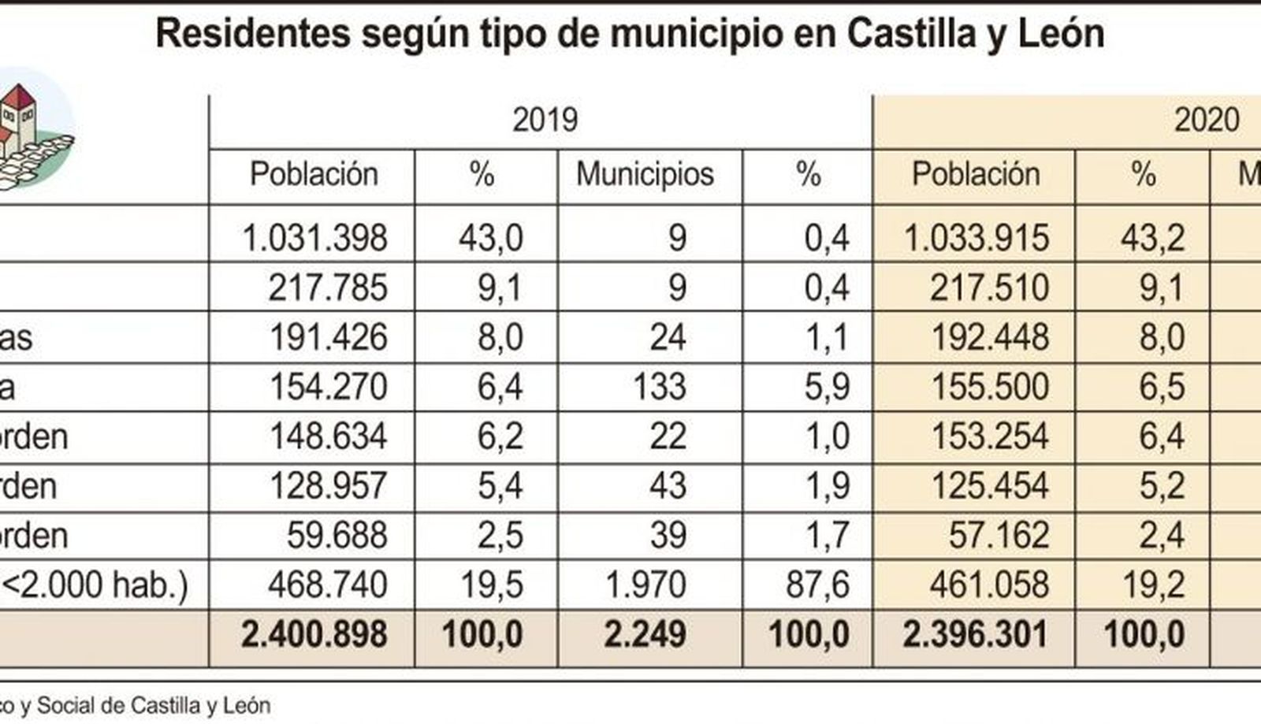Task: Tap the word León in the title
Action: click(1061, 34)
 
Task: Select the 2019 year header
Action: click(545, 120)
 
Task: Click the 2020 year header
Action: click(1207, 120)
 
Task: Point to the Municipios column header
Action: click(645, 174)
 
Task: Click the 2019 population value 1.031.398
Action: click(314, 238)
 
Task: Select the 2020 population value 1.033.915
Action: click(976, 238)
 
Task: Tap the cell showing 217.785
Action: click(327, 288)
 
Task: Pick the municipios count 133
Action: click(660, 387)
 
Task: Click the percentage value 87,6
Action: click(816, 585)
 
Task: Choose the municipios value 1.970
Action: click(645, 585)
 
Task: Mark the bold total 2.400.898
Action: click(314, 635)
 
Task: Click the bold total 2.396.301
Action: click(976, 635)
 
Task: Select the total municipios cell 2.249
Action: click(645, 635)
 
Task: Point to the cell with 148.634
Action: click(328, 436)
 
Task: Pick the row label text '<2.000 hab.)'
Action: click(95, 585)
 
